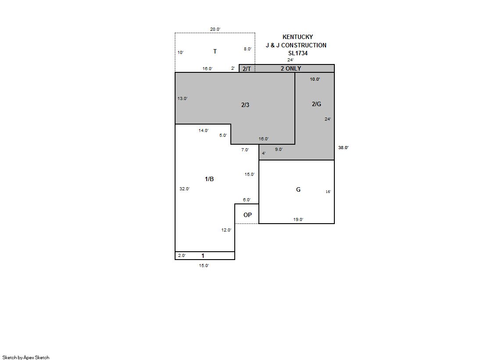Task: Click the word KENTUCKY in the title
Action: (x=297, y=37)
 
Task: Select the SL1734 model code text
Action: (x=298, y=53)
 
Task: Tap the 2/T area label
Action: (x=247, y=69)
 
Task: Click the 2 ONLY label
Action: (x=290, y=68)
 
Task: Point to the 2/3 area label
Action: (x=245, y=105)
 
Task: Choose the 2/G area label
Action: (x=316, y=104)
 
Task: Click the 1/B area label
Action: (x=209, y=179)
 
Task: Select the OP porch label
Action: (x=247, y=215)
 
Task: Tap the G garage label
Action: (x=298, y=189)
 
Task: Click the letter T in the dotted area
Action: (x=215, y=51)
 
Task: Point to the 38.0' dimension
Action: (x=343, y=147)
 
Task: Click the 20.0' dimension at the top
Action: (x=215, y=29)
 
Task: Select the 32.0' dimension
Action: (x=184, y=189)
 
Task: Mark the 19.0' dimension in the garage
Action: (x=298, y=219)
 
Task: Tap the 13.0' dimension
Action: (x=183, y=98)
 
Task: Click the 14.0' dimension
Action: (x=204, y=131)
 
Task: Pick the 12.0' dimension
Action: (x=226, y=230)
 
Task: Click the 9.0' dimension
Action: (x=279, y=150)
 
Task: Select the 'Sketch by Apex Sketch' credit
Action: (x=26, y=357)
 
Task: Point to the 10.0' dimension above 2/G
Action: (x=315, y=79)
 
